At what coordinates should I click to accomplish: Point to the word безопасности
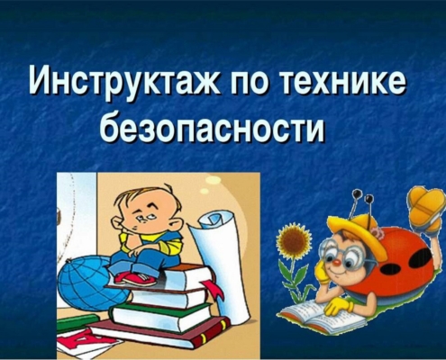point(212,127)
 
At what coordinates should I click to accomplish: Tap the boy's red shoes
point(137,278)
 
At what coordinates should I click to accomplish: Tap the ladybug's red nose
point(337,264)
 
